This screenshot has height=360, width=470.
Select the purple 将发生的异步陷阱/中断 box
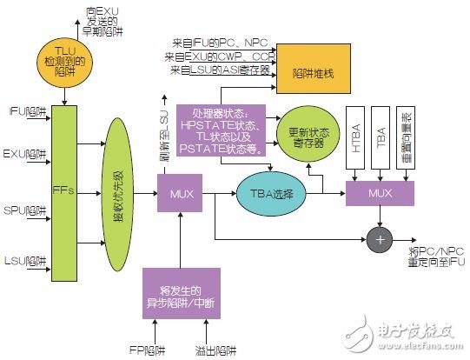(182, 293)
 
